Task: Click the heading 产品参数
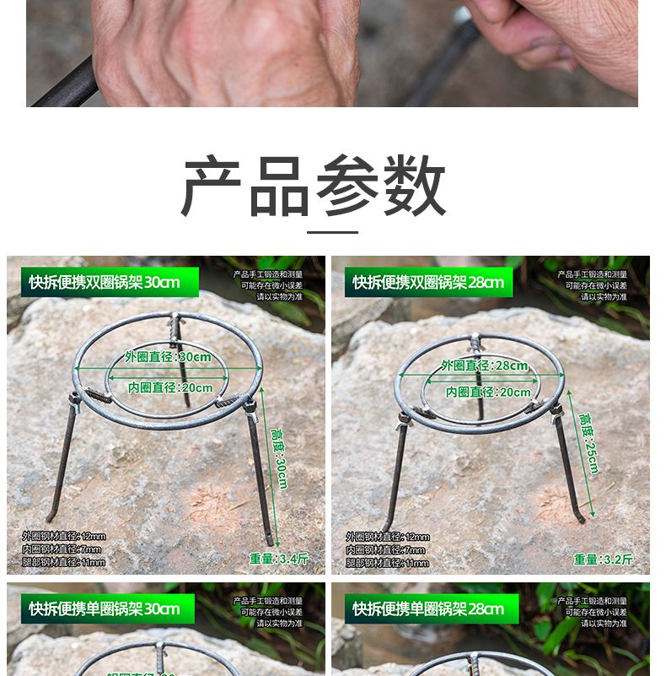pyautogui.click(x=314, y=187)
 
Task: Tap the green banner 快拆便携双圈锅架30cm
pyautogui.click(x=105, y=282)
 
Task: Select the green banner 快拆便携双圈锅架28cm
pyautogui.click(x=428, y=282)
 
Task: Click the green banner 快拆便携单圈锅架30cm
pyautogui.click(x=105, y=608)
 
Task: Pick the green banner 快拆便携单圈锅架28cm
pyautogui.click(x=428, y=608)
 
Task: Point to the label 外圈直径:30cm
pyautogui.click(x=168, y=357)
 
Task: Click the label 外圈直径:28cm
pyautogui.click(x=485, y=365)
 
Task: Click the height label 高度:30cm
pyautogui.click(x=278, y=459)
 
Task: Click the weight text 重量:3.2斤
pyautogui.click(x=603, y=559)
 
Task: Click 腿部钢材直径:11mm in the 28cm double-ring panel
pyautogui.click(x=387, y=563)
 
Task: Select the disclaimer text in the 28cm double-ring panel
pyautogui.click(x=593, y=285)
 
